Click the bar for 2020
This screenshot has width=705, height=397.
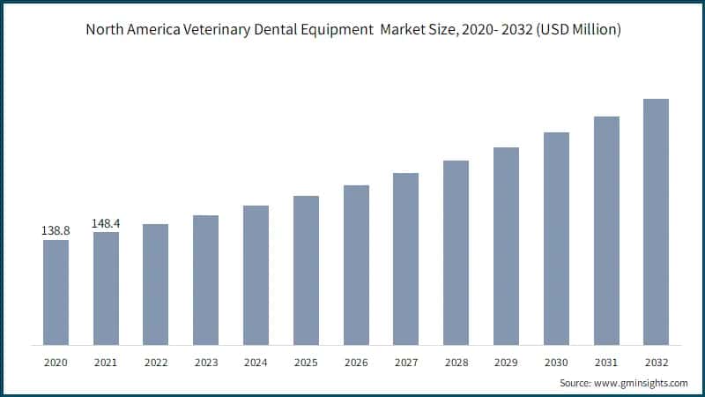pyautogui.click(x=56, y=292)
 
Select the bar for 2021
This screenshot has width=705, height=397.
pyautogui.click(x=106, y=288)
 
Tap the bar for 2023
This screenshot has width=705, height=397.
pyautogui.click(x=205, y=280)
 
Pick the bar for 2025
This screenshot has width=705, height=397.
pyautogui.click(x=306, y=270)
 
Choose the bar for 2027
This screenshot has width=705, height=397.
pyautogui.click(x=405, y=258)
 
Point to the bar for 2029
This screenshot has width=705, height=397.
pyautogui.click(x=506, y=246)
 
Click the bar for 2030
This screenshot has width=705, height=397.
pyautogui.click(x=556, y=238)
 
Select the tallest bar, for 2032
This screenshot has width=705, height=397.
pyautogui.click(x=656, y=221)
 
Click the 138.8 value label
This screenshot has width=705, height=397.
pyautogui.click(x=56, y=230)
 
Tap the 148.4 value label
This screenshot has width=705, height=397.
pyautogui.click(x=106, y=222)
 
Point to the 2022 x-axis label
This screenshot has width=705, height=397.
pyautogui.click(x=156, y=363)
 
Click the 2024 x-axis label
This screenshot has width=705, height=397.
pyautogui.click(x=256, y=363)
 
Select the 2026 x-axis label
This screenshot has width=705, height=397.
pyautogui.click(x=356, y=363)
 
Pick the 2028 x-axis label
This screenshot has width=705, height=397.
pyautogui.click(x=456, y=363)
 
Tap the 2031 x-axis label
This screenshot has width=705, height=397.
pyautogui.click(x=605, y=363)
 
